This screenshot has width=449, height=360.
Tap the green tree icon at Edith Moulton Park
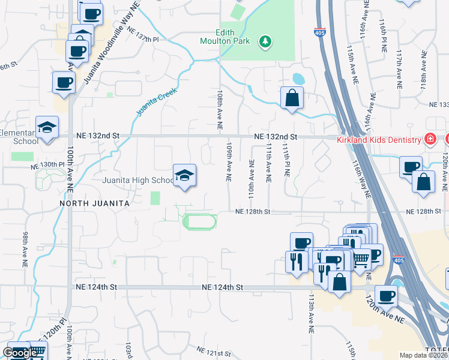(x=264, y=41)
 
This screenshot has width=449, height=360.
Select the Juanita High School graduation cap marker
(x=185, y=176)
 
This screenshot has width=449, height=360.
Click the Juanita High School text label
(x=138, y=181)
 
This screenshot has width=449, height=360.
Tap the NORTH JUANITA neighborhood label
(x=94, y=203)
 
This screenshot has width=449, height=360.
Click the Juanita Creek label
(x=149, y=103)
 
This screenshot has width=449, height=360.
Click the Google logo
(x=20, y=353)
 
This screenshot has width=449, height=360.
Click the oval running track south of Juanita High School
(x=199, y=221)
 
